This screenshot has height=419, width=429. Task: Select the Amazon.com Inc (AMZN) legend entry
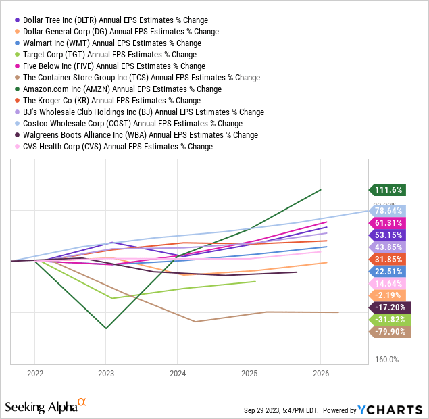pyautogui.click(x=122, y=89)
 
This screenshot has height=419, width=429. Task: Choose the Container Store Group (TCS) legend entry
pyautogui.click(x=141, y=78)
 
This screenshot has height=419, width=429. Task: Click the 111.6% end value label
pyautogui.click(x=390, y=191)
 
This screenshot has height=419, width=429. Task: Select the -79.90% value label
pyautogui.click(x=390, y=332)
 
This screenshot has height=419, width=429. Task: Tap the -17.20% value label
pyautogui.click(x=390, y=307)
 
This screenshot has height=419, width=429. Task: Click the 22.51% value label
pyautogui.click(x=390, y=271)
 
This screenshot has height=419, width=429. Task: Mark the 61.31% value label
pyautogui.click(x=390, y=222)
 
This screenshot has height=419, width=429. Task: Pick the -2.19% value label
pyautogui.click(x=390, y=295)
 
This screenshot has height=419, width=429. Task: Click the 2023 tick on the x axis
pyautogui.click(x=106, y=373)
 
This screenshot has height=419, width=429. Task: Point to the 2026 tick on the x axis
pyautogui.click(x=321, y=373)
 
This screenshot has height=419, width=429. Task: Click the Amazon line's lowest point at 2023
pyautogui.click(x=106, y=328)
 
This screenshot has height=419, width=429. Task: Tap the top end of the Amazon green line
pyautogui.click(x=321, y=190)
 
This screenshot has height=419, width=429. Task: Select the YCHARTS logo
pyautogui.click(x=391, y=410)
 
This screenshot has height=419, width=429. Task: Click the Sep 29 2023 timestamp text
pyautogui.click(x=282, y=410)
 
